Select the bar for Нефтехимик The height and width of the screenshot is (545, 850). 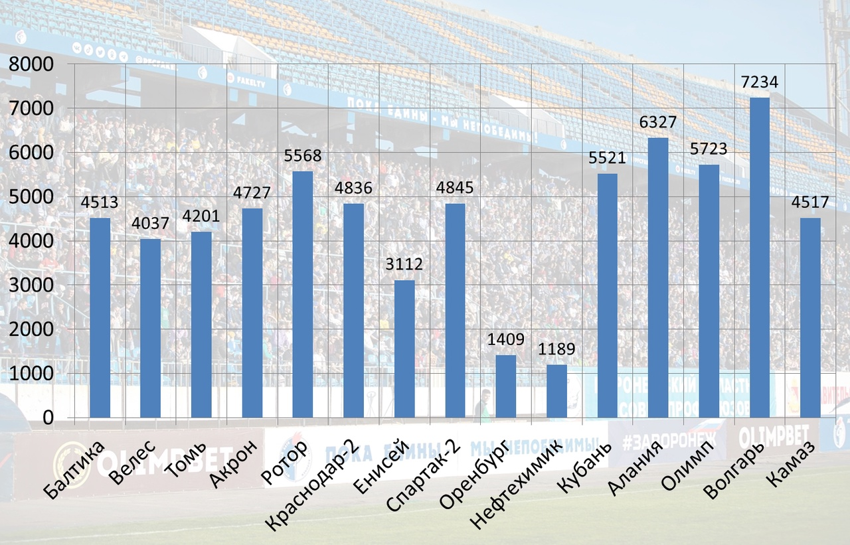pyautogui.click(x=556, y=391)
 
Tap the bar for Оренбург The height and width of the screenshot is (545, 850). pyautogui.click(x=506, y=386)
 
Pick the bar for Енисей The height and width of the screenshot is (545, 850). pyautogui.click(x=404, y=349)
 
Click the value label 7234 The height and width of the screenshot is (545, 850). pyautogui.click(x=760, y=82)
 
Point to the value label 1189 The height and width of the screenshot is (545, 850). pyautogui.click(x=556, y=349)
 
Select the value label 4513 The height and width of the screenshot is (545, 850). pyautogui.click(x=100, y=202)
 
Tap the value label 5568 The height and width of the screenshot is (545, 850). pyautogui.click(x=303, y=156)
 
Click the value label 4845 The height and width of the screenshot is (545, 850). pyautogui.click(x=455, y=188)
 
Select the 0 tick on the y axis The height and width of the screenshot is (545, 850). pyautogui.click(x=48, y=418)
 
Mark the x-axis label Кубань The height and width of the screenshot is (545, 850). pyautogui.click(x=584, y=465)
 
